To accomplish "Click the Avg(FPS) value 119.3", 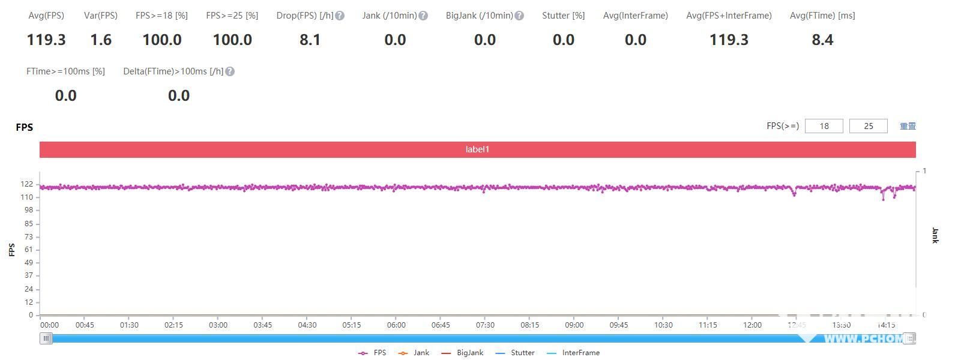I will coord(46,40).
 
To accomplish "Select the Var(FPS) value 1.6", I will coord(101,40).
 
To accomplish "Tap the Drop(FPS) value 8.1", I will coord(310,40).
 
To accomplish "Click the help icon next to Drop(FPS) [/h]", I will coord(340,16).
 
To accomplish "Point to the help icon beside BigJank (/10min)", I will coord(519,16).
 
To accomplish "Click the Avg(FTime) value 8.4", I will coord(822,40).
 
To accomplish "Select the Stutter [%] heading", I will coord(563,16).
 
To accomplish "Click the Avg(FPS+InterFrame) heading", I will coord(729,16).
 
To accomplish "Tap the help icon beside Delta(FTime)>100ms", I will coord(230,71).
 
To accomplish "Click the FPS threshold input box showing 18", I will coord(824,126).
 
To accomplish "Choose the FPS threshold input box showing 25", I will coord(868,126).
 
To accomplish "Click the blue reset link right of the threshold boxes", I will coord(908,126).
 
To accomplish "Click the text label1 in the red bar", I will coord(477,149).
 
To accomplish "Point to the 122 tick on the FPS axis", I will coord(26,184).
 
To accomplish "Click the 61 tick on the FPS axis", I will coord(28,250).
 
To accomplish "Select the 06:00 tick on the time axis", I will coord(396,325).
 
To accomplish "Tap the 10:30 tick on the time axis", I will coord(663,325).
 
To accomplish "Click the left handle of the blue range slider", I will coord(46,338).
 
